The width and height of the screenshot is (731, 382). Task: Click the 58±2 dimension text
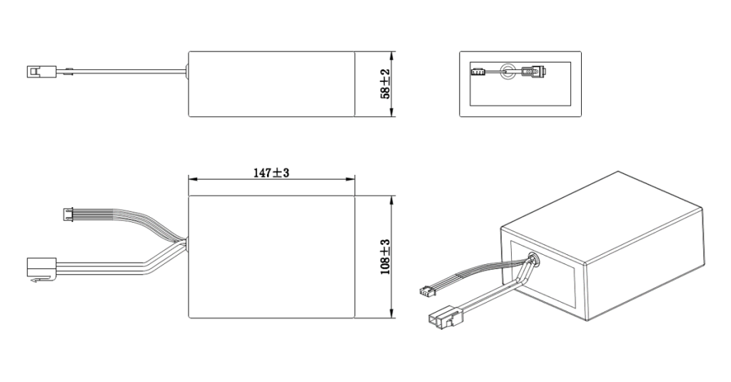click(385, 84)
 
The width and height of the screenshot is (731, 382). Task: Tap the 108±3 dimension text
click(385, 257)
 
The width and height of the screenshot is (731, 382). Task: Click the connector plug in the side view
click(35, 71)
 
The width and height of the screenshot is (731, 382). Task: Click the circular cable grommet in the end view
click(508, 71)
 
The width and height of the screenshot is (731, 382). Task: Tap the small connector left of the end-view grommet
click(478, 71)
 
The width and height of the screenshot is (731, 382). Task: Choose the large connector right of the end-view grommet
click(531, 71)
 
